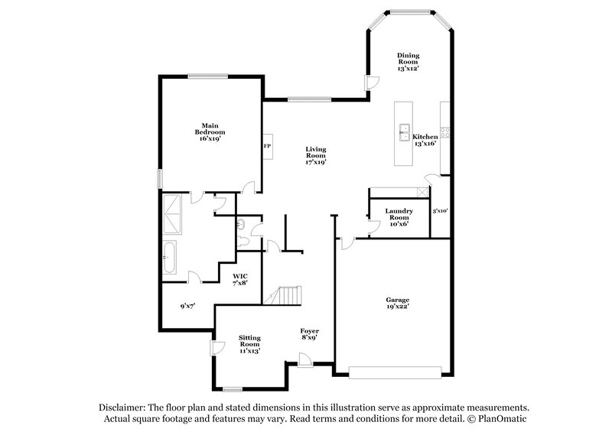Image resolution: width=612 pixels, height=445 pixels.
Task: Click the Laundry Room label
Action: [x=399, y=216]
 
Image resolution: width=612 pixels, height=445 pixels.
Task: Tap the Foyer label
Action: [x=310, y=333]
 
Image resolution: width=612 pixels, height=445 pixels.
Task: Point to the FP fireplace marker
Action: [x=268, y=145]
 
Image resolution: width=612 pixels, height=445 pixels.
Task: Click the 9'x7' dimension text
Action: [x=187, y=307]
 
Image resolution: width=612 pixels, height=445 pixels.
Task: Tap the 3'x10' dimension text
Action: [x=440, y=210]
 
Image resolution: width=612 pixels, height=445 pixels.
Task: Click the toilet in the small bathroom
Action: [x=241, y=225]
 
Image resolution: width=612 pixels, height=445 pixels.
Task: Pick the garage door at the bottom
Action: [x=396, y=373]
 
